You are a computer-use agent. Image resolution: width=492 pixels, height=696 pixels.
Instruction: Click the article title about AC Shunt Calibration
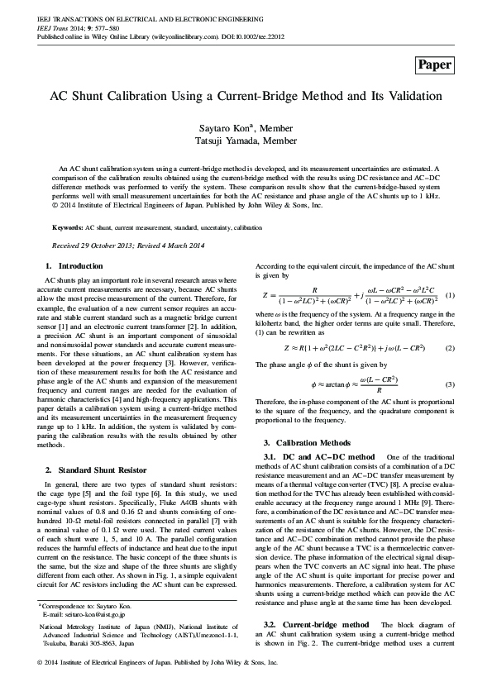point(246,96)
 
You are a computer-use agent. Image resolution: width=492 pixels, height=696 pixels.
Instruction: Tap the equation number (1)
point(450,295)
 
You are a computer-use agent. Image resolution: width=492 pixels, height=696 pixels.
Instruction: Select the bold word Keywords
point(67,226)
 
